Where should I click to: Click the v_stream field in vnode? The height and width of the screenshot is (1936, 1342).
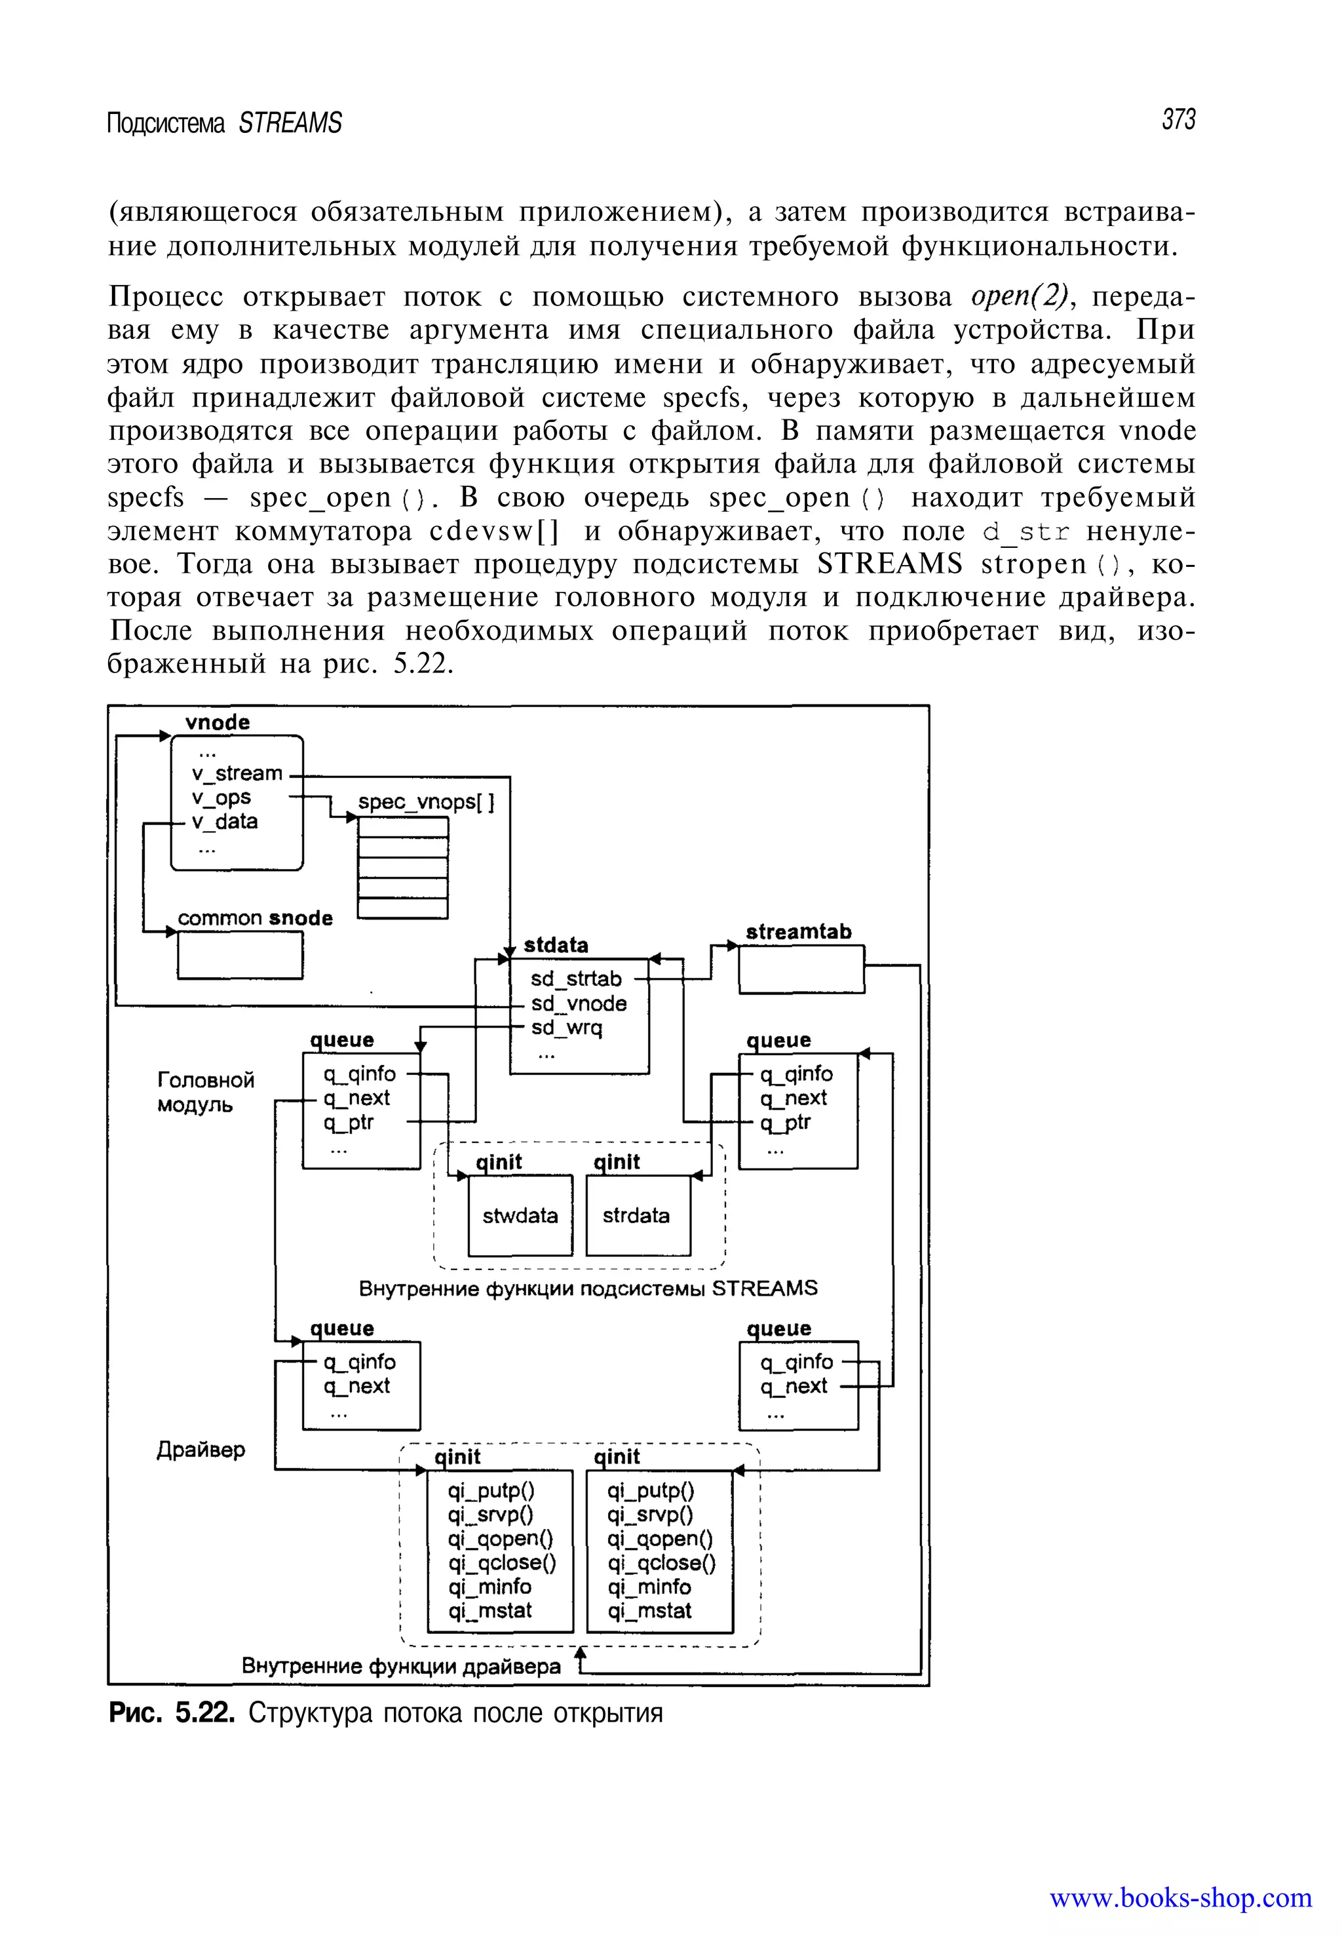[237, 773]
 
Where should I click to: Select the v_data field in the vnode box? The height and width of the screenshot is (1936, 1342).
[225, 822]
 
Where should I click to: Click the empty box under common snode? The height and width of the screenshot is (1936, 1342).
[240, 956]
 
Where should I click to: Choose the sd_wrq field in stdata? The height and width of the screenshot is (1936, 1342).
[567, 1027]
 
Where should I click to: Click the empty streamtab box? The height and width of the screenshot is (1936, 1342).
[801, 969]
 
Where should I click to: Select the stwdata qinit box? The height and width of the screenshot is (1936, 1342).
[520, 1215]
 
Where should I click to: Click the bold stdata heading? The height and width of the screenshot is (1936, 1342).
[556, 944]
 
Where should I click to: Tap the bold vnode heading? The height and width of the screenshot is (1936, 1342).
[217, 722]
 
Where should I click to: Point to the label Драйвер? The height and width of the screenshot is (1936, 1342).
[201, 1450]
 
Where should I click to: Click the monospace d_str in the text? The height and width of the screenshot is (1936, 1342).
[1026, 532]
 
